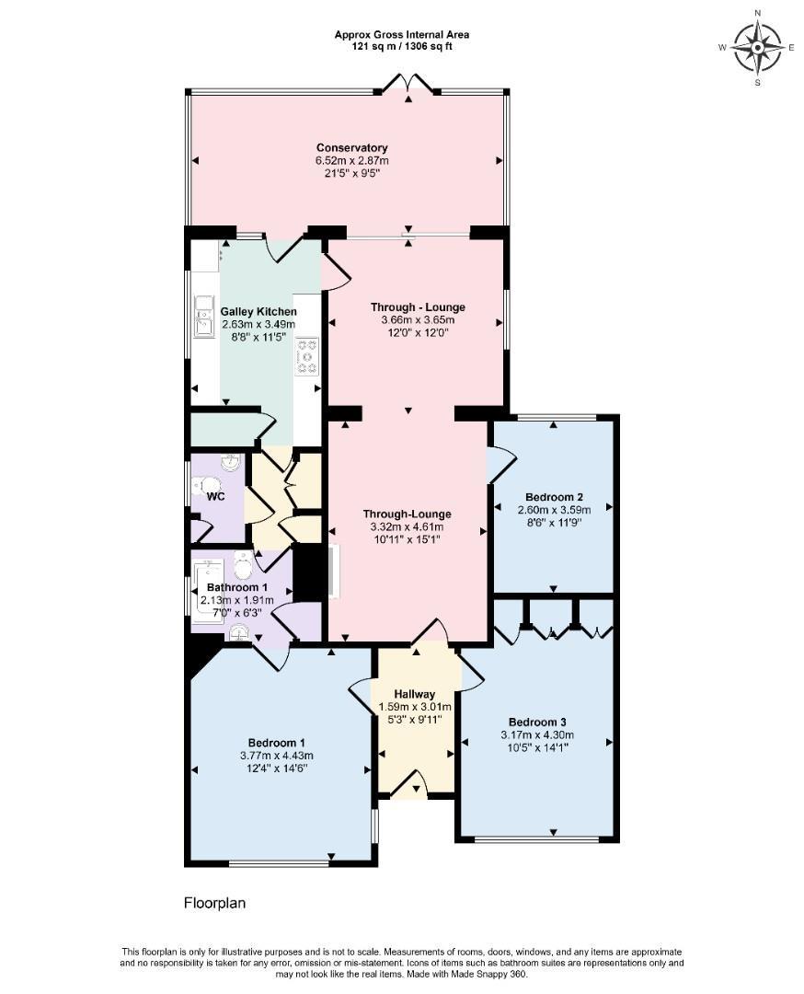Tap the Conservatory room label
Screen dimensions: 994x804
click(x=351, y=148)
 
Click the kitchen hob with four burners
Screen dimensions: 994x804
click(x=306, y=357)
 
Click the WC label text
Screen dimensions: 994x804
click(x=215, y=496)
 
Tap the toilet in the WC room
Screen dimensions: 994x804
click(x=210, y=486)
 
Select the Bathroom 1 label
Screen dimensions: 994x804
click(x=236, y=587)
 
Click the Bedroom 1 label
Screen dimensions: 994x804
click(x=276, y=743)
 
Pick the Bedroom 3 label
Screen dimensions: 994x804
click(x=536, y=722)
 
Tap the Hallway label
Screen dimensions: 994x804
click(x=414, y=694)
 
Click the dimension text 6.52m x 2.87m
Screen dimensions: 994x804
click(x=351, y=161)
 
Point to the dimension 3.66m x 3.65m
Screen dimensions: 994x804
click(x=418, y=320)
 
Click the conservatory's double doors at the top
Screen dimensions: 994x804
click(x=408, y=85)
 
